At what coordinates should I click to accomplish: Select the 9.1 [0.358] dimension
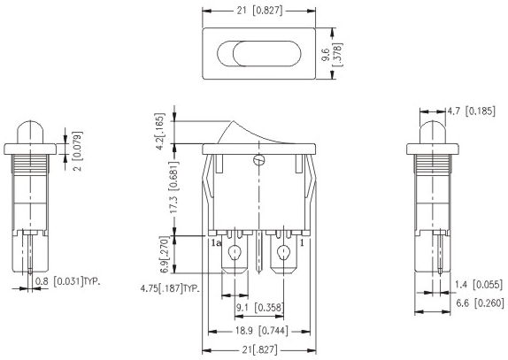pos(260,308)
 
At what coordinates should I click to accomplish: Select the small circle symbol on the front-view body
pos(258,161)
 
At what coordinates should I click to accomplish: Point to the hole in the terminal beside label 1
pos(285,256)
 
